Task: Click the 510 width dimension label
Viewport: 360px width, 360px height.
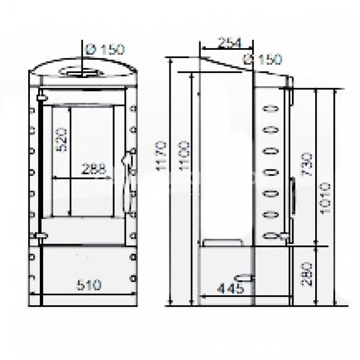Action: click(x=89, y=285)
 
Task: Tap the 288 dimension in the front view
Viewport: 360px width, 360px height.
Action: click(x=94, y=169)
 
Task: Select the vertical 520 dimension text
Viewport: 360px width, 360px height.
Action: click(x=61, y=140)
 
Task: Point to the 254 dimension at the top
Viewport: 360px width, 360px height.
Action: click(x=229, y=43)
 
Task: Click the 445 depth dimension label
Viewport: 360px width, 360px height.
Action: click(x=230, y=289)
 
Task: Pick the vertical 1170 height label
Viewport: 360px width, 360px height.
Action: click(x=161, y=156)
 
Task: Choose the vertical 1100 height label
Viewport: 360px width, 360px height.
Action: click(x=184, y=156)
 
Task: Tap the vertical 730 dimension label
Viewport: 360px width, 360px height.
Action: click(x=307, y=164)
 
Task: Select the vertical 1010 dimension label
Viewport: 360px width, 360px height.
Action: click(x=325, y=198)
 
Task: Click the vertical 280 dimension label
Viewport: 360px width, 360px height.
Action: click(x=307, y=274)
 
